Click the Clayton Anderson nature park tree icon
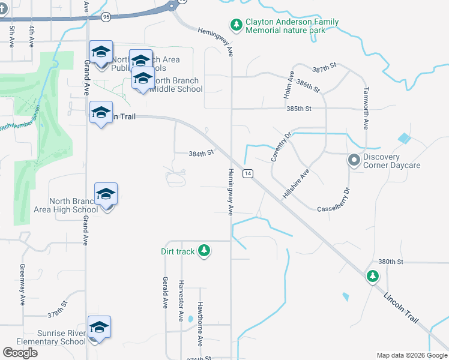(237, 25)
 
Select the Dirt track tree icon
(204, 250)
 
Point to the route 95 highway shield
(106, 17)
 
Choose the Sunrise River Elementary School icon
(99, 327)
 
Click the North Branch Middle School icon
(143, 79)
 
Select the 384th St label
(201, 154)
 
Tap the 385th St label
(299, 109)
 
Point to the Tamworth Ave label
(365, 108)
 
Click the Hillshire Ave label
(295, 184)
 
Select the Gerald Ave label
(164, 292)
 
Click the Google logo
(20, 353)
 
